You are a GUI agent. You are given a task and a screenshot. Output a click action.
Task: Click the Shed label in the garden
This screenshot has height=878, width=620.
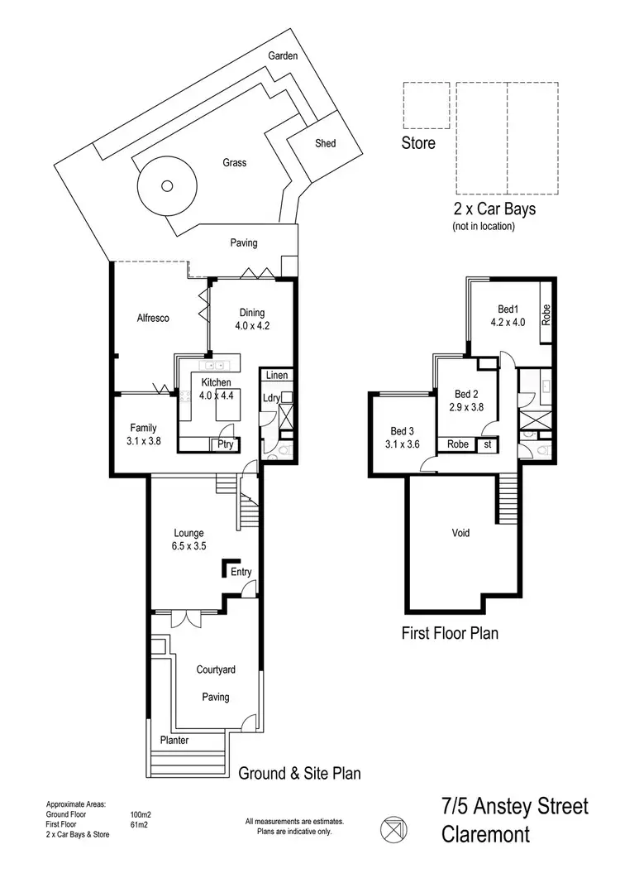tap(326, 144)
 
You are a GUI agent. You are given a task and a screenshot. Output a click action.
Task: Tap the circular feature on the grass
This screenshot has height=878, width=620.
tap(167, 186)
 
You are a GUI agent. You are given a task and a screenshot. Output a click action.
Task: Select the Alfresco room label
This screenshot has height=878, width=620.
tap(153, 316)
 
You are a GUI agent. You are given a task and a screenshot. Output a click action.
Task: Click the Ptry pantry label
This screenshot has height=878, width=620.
tap(223, 444)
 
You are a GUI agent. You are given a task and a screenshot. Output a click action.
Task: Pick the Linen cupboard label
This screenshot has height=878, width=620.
tap(277, 376)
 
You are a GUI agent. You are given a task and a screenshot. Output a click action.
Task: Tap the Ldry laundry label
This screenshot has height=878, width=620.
tap(270, 397)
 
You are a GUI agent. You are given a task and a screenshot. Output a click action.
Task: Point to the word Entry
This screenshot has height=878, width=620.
tap(241, 572)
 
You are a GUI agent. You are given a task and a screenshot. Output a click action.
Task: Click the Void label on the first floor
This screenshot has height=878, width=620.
tap(460, 533)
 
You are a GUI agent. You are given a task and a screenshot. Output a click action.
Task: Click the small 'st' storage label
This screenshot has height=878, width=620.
tap(488, 444)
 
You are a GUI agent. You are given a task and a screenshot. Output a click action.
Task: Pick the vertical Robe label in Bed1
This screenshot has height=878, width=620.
tap(546, 314)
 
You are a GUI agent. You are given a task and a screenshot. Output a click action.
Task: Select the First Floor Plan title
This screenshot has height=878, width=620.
tap(450, 634)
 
